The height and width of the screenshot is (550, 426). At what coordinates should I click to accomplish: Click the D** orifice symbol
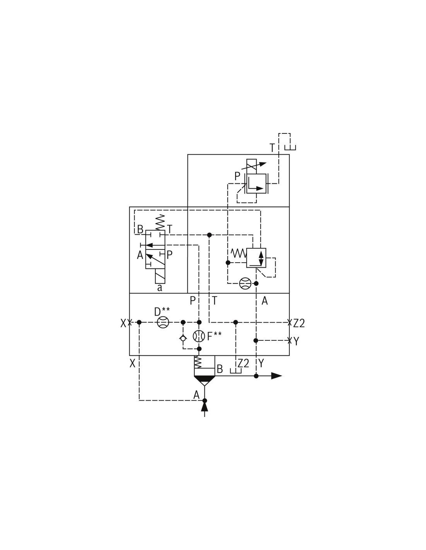click(x=163, y=322)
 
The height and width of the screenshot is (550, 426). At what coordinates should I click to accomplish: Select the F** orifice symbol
click(x=199, y=336)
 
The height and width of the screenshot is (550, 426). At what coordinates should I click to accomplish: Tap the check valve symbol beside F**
click(x=183, y=338)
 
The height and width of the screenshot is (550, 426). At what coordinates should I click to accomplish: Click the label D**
click(x=162, y=311)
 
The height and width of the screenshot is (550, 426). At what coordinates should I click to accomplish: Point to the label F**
click(x=215, y=336)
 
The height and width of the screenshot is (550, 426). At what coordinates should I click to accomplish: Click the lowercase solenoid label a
click(x=160, y=288)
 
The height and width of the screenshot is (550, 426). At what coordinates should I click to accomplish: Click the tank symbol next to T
click(x=290, y=147)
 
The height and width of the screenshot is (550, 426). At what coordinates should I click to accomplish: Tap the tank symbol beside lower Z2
click(x=236, y=371)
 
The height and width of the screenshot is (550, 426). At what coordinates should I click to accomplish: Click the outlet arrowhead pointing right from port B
click(x=277, y=376)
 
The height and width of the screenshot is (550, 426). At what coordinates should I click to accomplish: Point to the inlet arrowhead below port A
click(x=204, y=407)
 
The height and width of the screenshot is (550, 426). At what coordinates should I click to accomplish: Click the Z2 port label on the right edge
click(x=299, y=323)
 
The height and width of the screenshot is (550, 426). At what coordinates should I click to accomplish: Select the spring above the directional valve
click(x=160, y=222)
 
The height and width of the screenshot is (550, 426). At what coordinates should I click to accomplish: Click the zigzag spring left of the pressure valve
click(x=239, y=253)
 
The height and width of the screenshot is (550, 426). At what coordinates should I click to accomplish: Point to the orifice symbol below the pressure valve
click(x=245, y=283)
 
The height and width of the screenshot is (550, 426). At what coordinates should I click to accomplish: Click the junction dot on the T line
click(x=210, y=235)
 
